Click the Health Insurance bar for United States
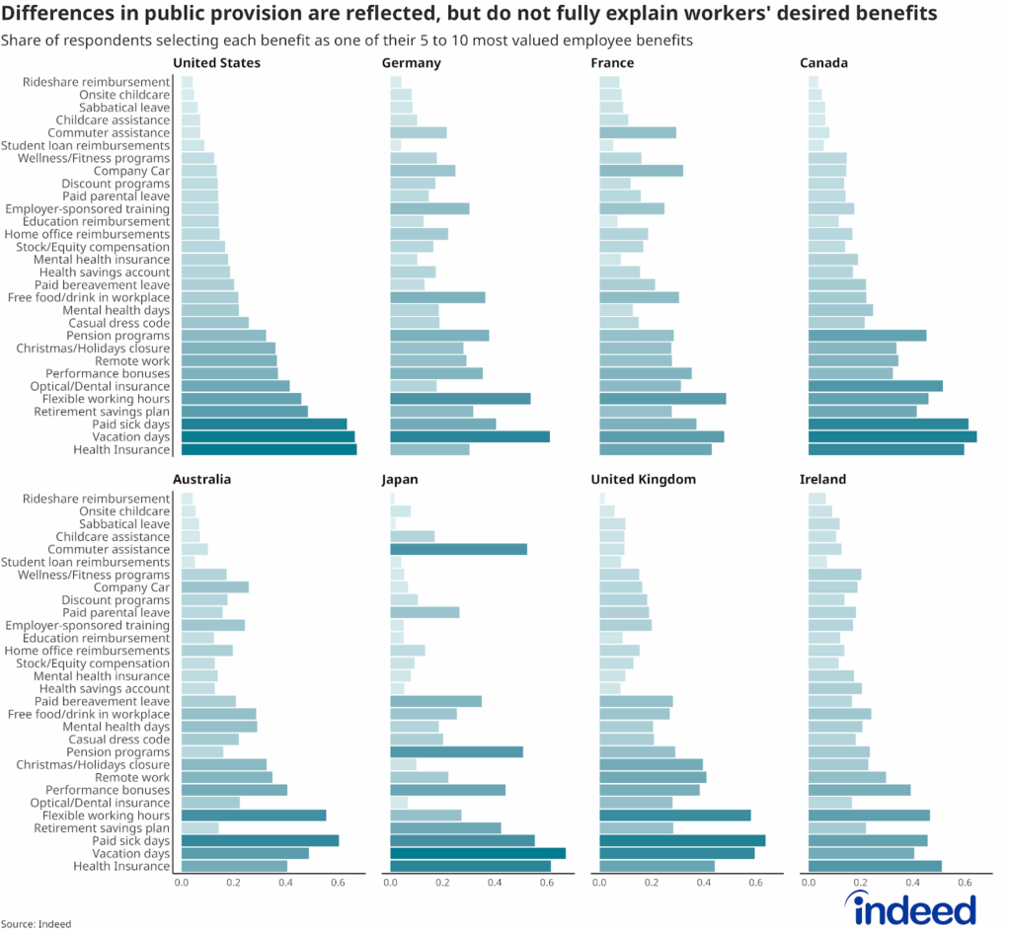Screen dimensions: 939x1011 pos(269,450)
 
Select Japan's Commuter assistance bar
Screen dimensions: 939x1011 pos(458,549)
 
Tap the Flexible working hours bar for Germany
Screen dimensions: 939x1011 pos(460,399)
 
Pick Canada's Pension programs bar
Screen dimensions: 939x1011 pos(867,336)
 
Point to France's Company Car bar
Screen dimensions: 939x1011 pos(641,171)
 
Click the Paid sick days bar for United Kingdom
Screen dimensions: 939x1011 pos(682,841)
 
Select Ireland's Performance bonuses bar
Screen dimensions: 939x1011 pos(859,790)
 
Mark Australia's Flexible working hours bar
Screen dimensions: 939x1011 pos(254,816)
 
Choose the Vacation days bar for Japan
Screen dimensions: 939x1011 pos(478,853)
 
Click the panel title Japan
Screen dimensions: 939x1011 pos(400,480)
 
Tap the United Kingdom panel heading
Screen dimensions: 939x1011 pos(643,480)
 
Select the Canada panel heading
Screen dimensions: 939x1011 pos(823,63)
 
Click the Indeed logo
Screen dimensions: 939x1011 pos(914,908)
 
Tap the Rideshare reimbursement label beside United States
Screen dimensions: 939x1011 pos(96,82)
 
